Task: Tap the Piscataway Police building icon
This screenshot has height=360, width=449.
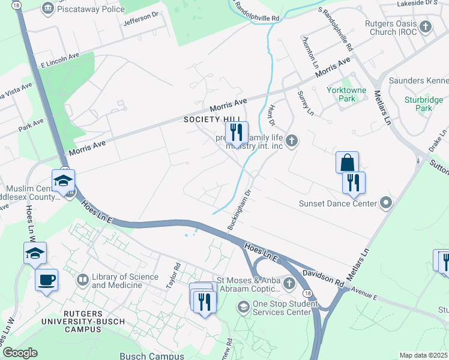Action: [x=47, y=8]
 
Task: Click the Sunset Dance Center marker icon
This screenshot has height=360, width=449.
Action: [x=386, y=203]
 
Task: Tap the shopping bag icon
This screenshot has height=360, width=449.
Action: [x=347, y=162]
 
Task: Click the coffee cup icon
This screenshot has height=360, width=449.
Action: [x=46, y=280]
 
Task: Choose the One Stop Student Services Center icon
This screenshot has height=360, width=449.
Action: [x=243, y=308]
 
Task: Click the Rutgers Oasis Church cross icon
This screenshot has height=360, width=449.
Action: [x=425, y=27]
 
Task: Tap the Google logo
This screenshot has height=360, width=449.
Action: [x=20, y=353]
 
